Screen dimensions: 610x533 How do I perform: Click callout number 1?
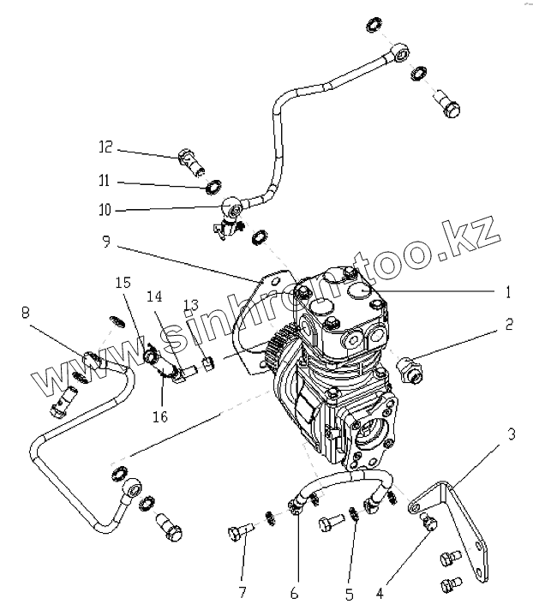[x=508, y=292]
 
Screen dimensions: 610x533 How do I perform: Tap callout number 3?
[x=512, y=434]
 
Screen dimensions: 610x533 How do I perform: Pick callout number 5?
[x=349, y=590]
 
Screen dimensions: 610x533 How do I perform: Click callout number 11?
[x=105, y=182]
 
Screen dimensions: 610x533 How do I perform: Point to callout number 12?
[x=105, y=148]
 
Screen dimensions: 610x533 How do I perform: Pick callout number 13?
[x=189, y=304]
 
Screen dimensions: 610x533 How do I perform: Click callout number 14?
[x=153, y=297]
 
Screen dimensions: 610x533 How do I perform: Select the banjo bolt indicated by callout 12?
[x=190, y=158]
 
